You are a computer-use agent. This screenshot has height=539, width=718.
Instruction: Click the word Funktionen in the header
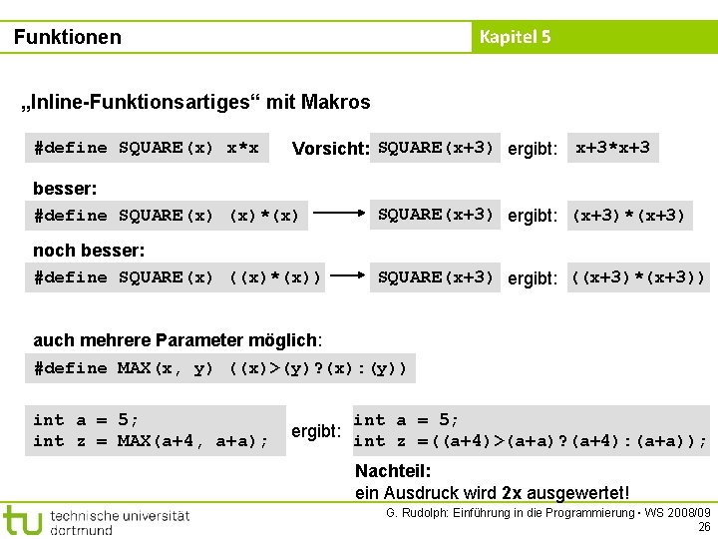pyautogui.click(x=68, y=37)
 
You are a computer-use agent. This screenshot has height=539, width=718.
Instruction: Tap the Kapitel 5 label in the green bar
pyautogui.click(x=515, y=37)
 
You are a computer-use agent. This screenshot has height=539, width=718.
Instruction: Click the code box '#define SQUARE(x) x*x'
pyautogui.click(x=146, y=148)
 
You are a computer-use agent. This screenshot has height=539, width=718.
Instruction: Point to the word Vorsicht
pyautogui.click(x=330, y=149)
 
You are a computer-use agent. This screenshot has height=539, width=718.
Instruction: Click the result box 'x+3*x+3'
pyautogui.click(x=612, y=148)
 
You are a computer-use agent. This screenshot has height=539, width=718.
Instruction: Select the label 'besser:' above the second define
pyautogui.click(x=65, y=188)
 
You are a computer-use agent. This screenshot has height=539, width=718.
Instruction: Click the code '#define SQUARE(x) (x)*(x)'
pyautogui.click(x=167, y=215)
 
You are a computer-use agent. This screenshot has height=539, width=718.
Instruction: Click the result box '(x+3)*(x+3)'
pyautogui.click(x=627, y=215)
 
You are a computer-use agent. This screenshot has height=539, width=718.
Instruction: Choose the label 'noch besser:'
pyautogui.click(x=89, y=250)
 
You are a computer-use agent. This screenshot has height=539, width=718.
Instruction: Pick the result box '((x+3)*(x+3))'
pyautogui.click(x=637, y=276)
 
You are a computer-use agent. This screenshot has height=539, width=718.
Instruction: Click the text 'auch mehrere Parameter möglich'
pyautogui.click(x=177, y=340)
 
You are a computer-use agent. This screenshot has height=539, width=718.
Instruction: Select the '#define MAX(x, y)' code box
pyautogui.click(x=220, y=368)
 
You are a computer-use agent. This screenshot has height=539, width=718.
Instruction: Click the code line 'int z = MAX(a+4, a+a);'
pyautogui.click(x=151, y=441)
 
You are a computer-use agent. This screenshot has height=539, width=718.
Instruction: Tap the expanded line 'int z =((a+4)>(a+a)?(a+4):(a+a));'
pyautogui.click(x=530, y=441)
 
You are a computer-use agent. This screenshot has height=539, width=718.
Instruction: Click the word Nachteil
pyautogui.click(x=393, y=471)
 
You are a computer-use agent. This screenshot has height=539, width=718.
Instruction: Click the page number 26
pyautogui.click(x=704, y=527)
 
